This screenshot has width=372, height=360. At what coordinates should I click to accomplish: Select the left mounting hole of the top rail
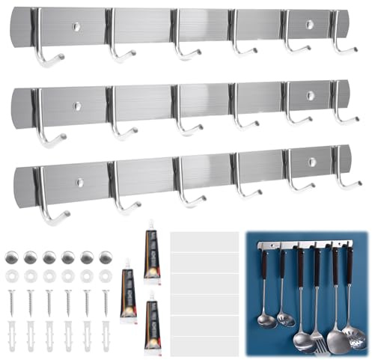pyautogui.click(x=76, y=27)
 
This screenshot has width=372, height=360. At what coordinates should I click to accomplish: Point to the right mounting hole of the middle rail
pyautogui.click(x=310, y=96)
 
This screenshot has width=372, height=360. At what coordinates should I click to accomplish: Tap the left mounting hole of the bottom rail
pyautogui.click(x=79, y=182)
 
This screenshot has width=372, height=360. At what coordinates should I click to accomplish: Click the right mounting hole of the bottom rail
pyautogui.click(x=311, y=162)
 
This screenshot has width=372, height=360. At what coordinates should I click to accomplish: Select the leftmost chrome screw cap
pyautogui.click(x=12, y=257)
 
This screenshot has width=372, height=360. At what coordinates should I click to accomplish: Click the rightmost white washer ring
pyautogui.click(x=105, y=276)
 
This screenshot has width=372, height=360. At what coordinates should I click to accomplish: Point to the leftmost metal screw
pyautogui.click(x=12, y=302)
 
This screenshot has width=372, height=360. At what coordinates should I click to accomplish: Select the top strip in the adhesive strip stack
pyautogui.click(x=204, y=242)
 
